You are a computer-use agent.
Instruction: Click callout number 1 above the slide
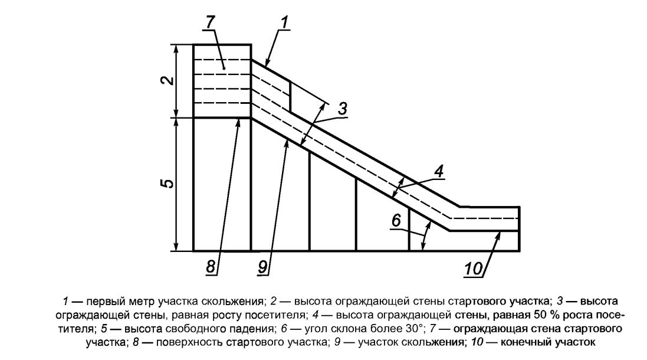click(284, 23)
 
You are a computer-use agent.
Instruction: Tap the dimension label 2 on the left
click(169, 80)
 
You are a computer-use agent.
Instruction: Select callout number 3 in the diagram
click(342, 109)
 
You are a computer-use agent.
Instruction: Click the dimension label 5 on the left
click(169, 184)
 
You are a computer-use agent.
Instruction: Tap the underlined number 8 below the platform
click(210, 267)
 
